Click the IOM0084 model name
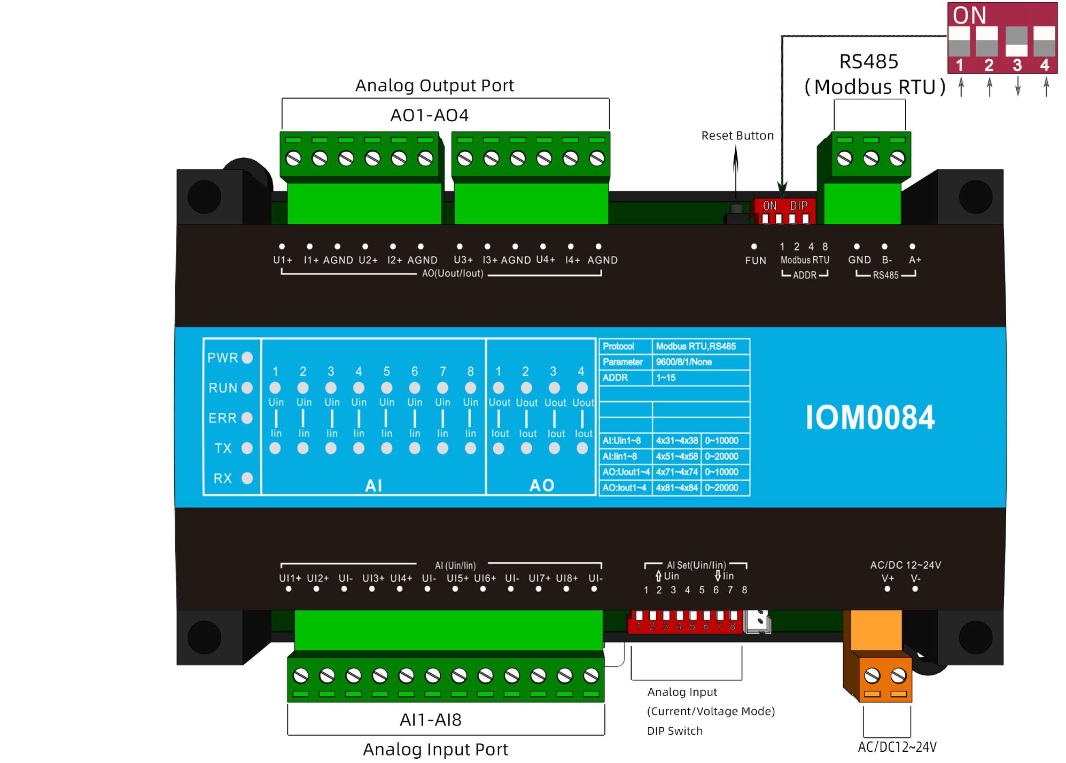coord(869,417)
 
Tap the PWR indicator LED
coord(247,357)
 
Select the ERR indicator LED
coord(247,418)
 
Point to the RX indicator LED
coord(247,478)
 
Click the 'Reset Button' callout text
coord(737,136)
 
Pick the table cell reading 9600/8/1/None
coord(684,362)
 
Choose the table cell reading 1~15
coord(666,377)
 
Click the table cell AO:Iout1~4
coord(624,487)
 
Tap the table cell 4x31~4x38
coord(676,441)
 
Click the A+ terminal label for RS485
coord(915,260)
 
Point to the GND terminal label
coord(859,260)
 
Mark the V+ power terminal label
coord(888,578)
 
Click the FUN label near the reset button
coord(756,261)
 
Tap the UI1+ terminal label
coord(290,578)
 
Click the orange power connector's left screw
coord(872,675)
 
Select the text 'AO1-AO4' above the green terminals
coord(429,115)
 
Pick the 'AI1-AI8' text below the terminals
coord(430,720)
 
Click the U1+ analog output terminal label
coord(283,260)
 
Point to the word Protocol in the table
coord(618,347)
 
